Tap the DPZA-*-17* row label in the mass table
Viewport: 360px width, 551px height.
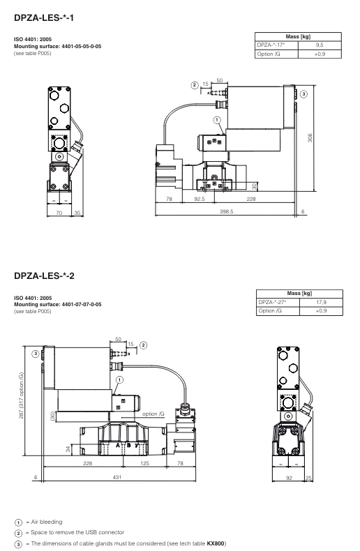272,44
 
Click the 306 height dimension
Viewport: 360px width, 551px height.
310,138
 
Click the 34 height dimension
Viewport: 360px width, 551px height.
68,448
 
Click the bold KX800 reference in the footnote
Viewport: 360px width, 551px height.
216,543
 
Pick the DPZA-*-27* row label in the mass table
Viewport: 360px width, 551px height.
272,302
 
